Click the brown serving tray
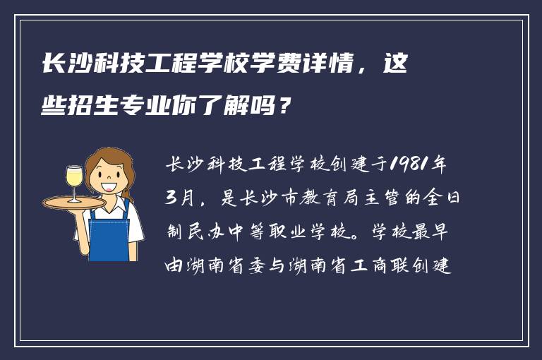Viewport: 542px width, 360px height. pyautogui.click(x=74, y=203)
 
